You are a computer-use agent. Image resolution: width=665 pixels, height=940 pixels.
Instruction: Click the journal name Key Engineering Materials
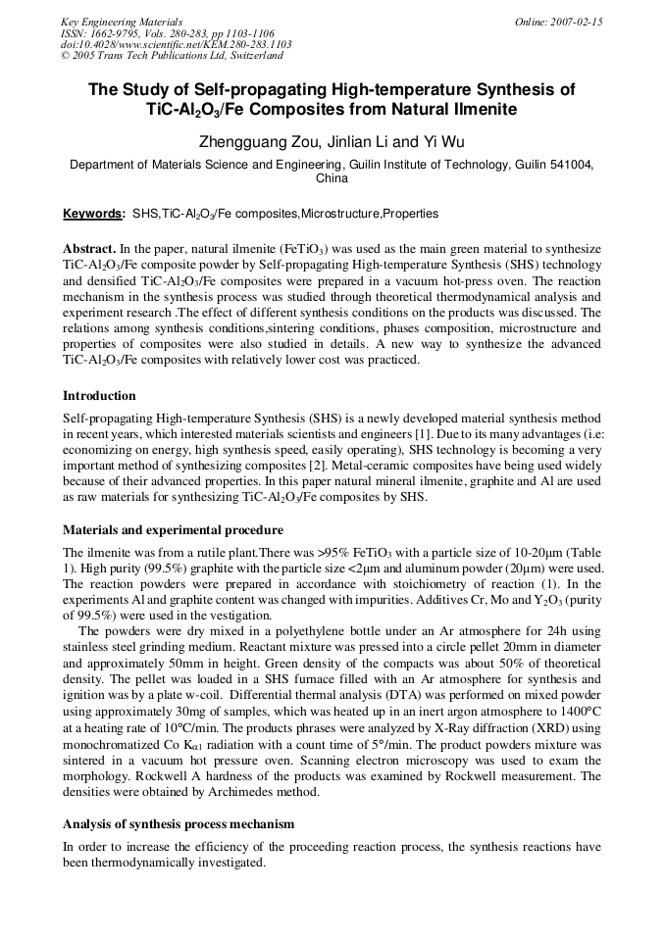122,21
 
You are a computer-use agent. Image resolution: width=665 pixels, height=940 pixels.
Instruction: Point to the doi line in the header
176,44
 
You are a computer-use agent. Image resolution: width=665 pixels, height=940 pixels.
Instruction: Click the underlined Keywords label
93,214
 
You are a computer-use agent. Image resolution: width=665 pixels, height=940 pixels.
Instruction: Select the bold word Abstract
91,250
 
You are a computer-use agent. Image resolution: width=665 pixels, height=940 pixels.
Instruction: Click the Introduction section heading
99,396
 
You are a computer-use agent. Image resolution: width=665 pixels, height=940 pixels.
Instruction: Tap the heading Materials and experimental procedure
173,530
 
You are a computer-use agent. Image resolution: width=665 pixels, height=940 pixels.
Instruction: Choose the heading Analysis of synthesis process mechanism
179,824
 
